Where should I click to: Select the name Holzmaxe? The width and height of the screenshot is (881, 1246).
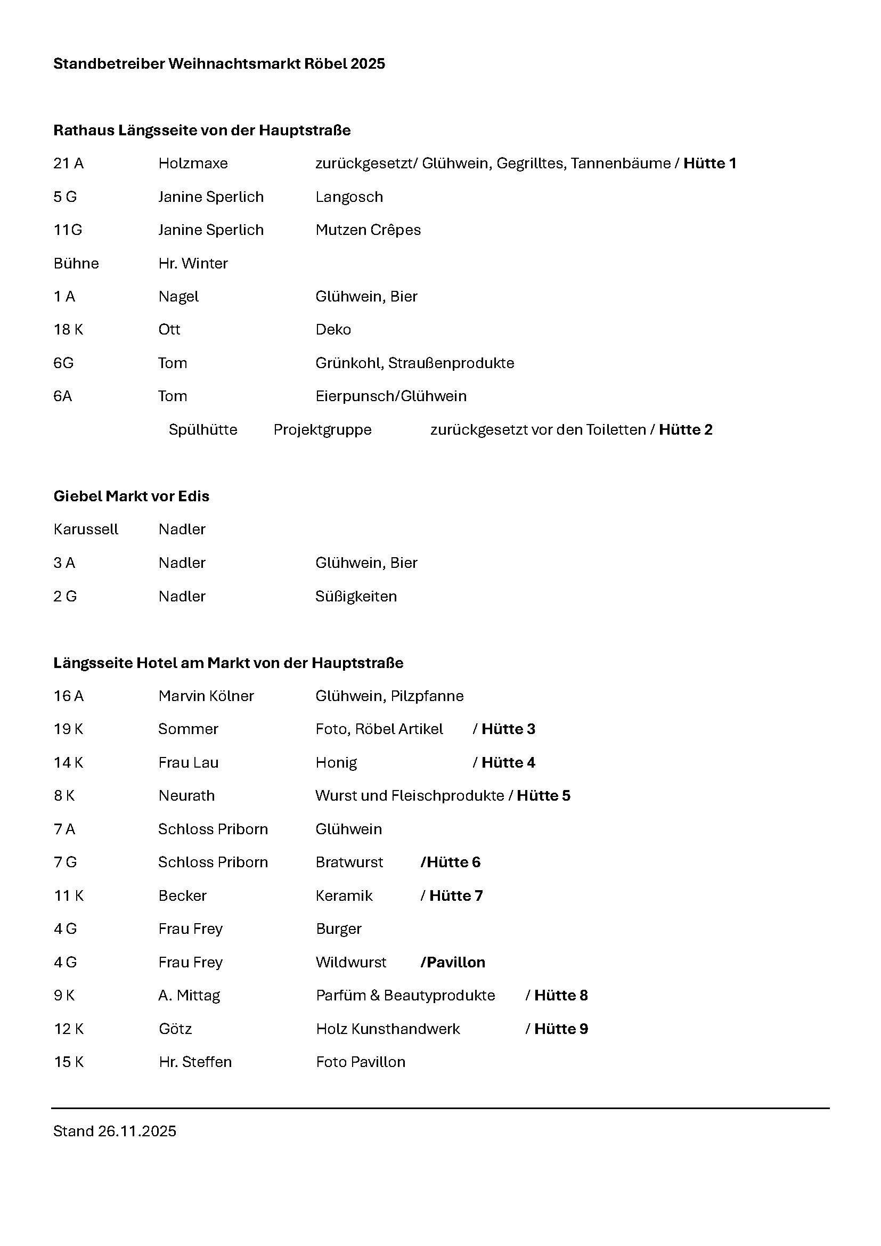click(x=193, y=164)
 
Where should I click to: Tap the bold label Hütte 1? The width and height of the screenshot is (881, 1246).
click(x=709, y=164)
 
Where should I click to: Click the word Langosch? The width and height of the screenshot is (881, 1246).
click(x=349, y=197)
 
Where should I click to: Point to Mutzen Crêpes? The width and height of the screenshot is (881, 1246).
click(x=368, y=230)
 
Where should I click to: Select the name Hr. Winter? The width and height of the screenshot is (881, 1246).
click(x=193, y=263)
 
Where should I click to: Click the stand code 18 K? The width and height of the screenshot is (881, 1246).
click(x=68, y=329)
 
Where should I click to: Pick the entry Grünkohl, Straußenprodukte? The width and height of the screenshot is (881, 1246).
click(x=414, y=363)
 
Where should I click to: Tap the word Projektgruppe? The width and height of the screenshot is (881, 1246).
click(x=322, y=430)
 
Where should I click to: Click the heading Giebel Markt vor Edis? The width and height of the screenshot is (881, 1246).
click(x=131, y=496)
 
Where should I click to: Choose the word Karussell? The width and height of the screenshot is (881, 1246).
click(x=86, y=529)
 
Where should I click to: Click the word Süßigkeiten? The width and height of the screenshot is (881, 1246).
click(x=356, y=597)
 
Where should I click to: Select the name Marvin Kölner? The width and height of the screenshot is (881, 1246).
click(x=206, y=696)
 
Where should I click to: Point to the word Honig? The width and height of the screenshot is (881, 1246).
click(x=336, y=762)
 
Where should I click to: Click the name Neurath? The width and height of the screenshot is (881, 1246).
click(x=186, y=795)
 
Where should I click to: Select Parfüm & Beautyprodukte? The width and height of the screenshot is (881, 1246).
click(x=405, y=995)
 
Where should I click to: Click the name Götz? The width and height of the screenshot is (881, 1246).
click(x=175, y=1029)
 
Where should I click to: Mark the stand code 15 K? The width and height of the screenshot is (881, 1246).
click(x=69, y=1062)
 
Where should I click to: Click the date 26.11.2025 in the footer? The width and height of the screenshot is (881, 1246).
click(x=137, y=1131)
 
